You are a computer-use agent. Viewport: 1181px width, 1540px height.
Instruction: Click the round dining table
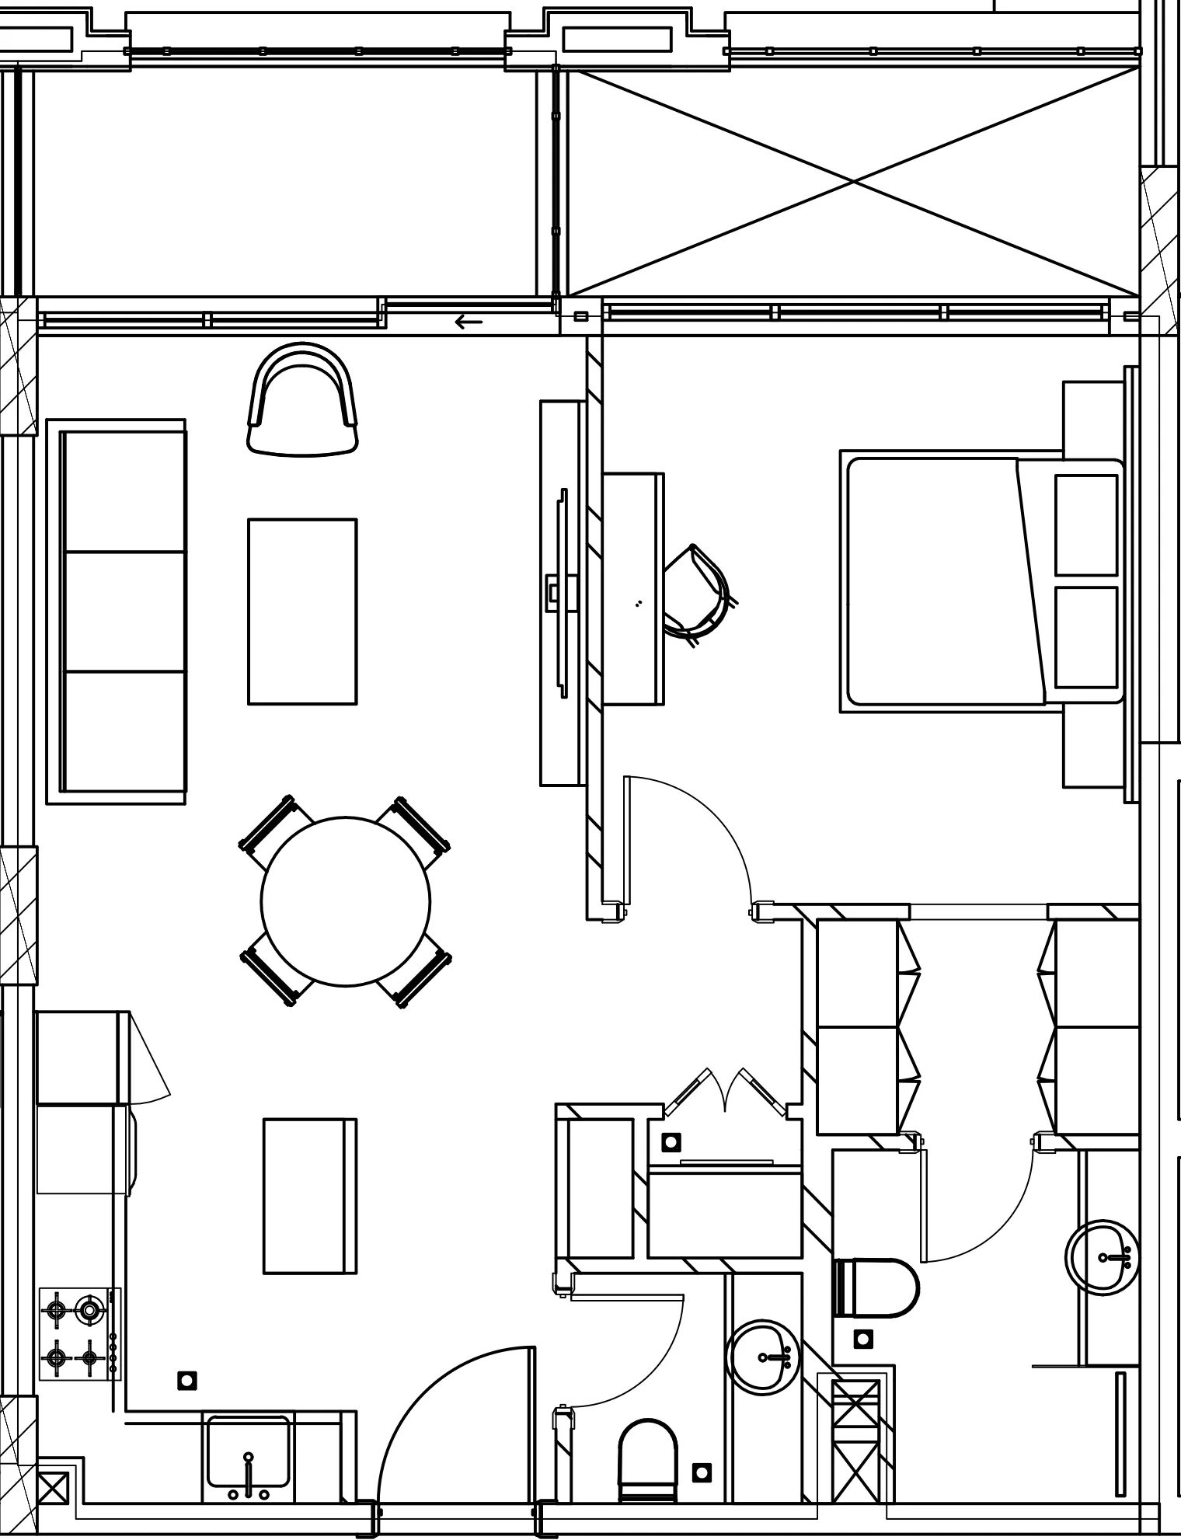[345, 901]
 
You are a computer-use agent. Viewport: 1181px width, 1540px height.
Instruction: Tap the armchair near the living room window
[303, 400]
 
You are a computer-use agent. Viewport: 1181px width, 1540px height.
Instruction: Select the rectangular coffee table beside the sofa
[302, 611]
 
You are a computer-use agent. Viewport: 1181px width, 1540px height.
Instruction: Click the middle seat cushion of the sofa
[124, 611]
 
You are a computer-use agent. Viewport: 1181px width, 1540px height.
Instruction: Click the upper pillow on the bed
[1086, 524]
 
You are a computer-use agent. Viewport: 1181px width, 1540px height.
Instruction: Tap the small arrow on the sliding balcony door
[469, 322]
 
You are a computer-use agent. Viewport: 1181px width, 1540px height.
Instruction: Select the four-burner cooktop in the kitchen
[75, 1334]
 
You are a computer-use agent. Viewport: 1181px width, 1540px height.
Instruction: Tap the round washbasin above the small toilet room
[764, 1356]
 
